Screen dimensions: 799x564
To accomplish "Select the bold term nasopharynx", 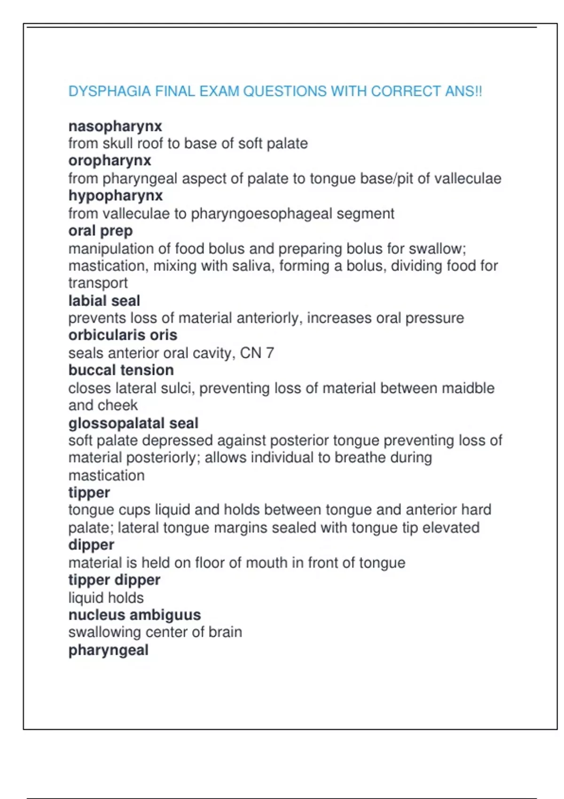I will (x=115, y=126).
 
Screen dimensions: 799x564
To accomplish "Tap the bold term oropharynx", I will (x=110, y=161).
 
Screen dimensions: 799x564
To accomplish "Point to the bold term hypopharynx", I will (x=115, y=196).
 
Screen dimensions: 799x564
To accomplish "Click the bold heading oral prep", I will (x=101, y=231).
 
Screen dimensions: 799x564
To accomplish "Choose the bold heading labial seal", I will (x=104, y=301).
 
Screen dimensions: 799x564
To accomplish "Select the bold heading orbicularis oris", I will (x=123, y=335).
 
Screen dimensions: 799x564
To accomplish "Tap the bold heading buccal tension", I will (x=121, y=370).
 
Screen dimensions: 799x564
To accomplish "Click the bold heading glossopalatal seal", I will (x=133, y=423).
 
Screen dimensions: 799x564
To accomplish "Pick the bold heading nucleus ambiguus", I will (x=134, y=615).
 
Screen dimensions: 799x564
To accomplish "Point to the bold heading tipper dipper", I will (x=114, y=580).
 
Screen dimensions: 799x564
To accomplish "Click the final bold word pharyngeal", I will (x=108, y=650).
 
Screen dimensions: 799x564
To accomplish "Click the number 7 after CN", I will (x=270, y=353).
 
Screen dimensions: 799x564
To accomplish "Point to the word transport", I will (x=98, y=283).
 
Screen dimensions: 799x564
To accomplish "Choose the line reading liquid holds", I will (x=106, y=598).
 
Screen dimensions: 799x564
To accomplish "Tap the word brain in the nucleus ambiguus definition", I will (x=225, y=632).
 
